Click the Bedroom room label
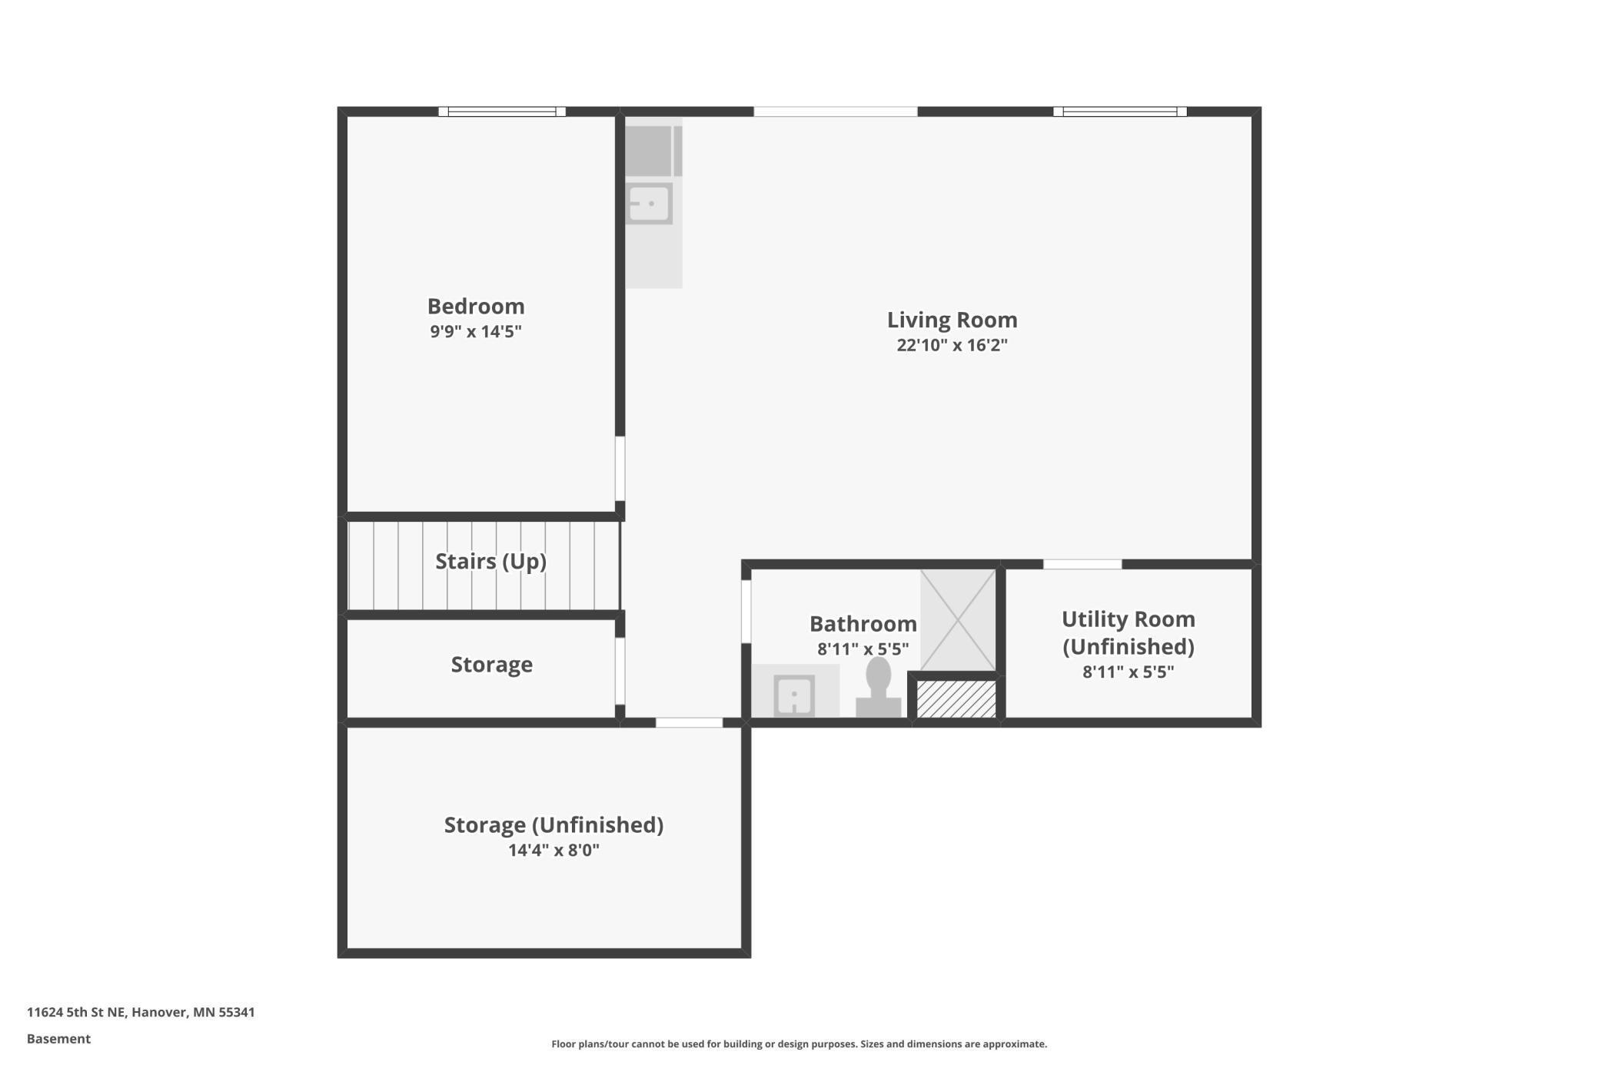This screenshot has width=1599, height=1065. [476, 307]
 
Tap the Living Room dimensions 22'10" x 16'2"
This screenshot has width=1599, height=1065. [952, 345]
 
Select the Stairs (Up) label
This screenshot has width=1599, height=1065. [490, 562]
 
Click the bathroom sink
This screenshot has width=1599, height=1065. [794, 695]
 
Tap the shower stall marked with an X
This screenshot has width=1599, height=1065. [958, 619]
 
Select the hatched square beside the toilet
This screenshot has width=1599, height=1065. [956, 698]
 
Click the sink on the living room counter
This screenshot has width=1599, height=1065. [649, 204]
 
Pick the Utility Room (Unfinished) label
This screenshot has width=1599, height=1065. [1128, 632]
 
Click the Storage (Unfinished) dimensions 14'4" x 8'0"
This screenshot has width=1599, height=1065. [553, 850]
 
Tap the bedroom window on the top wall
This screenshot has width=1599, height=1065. [502, 111]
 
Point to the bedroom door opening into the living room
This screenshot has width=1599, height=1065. [620, 469]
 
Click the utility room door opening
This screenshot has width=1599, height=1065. [1082, 565]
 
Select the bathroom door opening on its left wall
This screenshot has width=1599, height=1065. [746, 612]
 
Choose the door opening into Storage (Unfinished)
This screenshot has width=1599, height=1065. [689, 722]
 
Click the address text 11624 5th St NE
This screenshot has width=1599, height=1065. [141, 1012]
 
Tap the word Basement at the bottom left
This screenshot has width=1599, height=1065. [58, 1039]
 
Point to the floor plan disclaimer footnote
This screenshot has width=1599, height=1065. [799, 1043]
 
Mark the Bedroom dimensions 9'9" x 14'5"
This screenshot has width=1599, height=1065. [476, 332]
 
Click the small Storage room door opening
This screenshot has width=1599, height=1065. [620, 670]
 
